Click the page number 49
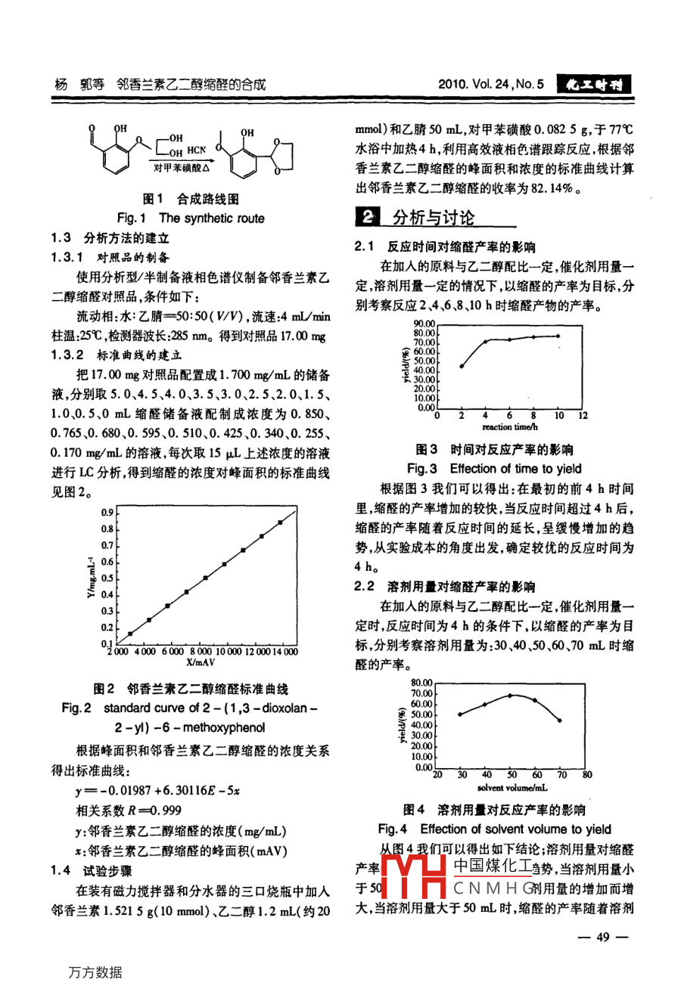pyautogui.click(x=602, y=938)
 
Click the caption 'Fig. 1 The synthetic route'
pyautogui.click(x=191, y=219)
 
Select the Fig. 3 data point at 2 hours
pyautogui.click(x=462, y=366)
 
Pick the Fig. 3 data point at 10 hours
pyautogui.click(x=558, y=336)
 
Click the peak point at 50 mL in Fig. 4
pyautogui.click(x=511, y=695)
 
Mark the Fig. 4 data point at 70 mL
pyautogui.click(x=561, y=721)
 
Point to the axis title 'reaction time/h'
pyautogui.click(x=509, y=427)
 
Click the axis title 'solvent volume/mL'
pyautogui.click(x=512, y=788)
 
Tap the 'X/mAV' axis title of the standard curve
pyautogui.click(x=201, y=662)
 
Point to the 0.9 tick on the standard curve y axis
pyautogui.click(x=107, y=513)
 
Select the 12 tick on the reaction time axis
pyautogui.click(x=583, y=416)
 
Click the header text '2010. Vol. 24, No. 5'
pyautogui.click(x=491, y=85)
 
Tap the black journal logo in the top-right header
pyautogui.click(x=594, y=85)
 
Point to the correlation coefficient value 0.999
pyautogui.click(x=166, y=810)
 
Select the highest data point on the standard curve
pyautogui.click(x=280, y=522)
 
